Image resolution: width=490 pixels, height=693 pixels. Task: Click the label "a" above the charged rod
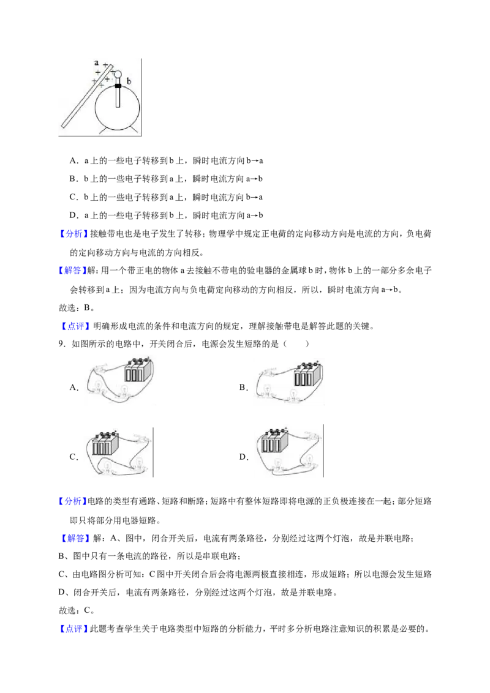tap(96, 63)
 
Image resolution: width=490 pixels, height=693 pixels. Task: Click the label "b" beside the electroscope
tap(129, 81)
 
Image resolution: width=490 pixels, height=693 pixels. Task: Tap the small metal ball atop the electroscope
tap(118, 74)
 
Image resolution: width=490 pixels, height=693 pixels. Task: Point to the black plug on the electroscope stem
tap(118, 85)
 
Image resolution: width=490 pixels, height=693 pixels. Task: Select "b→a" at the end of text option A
tap(255, 161)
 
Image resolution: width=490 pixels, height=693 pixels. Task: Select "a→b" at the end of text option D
tap(255, 215)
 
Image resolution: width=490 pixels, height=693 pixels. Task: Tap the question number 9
tap(62, 344)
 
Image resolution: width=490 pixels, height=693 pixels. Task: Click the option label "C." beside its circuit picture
tap(74, 457)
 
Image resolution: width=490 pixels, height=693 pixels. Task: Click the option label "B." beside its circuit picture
tap(243, 388)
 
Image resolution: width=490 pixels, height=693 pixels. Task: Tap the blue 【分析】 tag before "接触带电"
tap(73, 234)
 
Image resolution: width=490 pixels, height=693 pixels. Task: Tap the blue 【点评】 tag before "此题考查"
tap(73, 629)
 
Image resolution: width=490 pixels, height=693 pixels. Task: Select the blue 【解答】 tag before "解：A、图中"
tap(73, 538)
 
